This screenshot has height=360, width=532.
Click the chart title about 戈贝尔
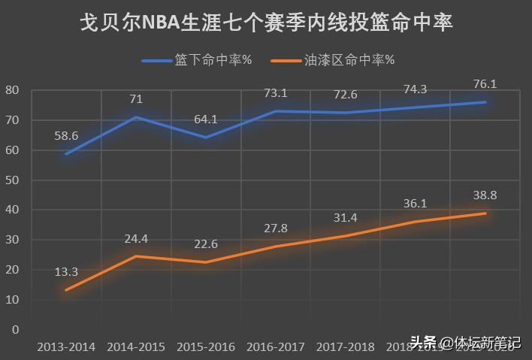click(x=266, y=23)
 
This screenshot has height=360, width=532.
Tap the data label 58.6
click(x=66, y=137)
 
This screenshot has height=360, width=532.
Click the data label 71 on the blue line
click(x=136, y=99)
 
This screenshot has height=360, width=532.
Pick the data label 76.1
click(x=485, y=84)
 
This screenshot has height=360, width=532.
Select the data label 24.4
click(x=136, y=239)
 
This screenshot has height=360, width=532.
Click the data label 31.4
click(x=346, y=218)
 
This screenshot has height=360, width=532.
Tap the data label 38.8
click(x=485, y=195)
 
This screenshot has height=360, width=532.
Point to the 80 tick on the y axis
click(x=11, y=90)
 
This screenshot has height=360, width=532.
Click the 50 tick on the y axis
click(x=11, y=180)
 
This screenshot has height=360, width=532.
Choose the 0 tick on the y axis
click(x=15, y=330)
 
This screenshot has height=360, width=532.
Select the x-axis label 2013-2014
click(x=66, y=347)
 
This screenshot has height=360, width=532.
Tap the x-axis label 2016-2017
click(x=276, y=347)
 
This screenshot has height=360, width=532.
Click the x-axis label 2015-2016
click(x=206, y=347)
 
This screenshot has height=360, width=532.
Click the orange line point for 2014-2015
click(x=136, y=256)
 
